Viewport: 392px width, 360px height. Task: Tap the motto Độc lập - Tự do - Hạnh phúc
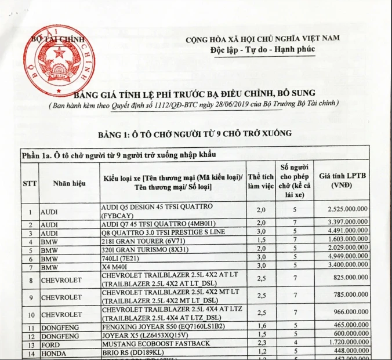click(263, 49)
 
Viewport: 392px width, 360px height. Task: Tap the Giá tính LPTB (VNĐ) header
click(344, 181)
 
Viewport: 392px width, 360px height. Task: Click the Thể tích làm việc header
click(261, 181)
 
